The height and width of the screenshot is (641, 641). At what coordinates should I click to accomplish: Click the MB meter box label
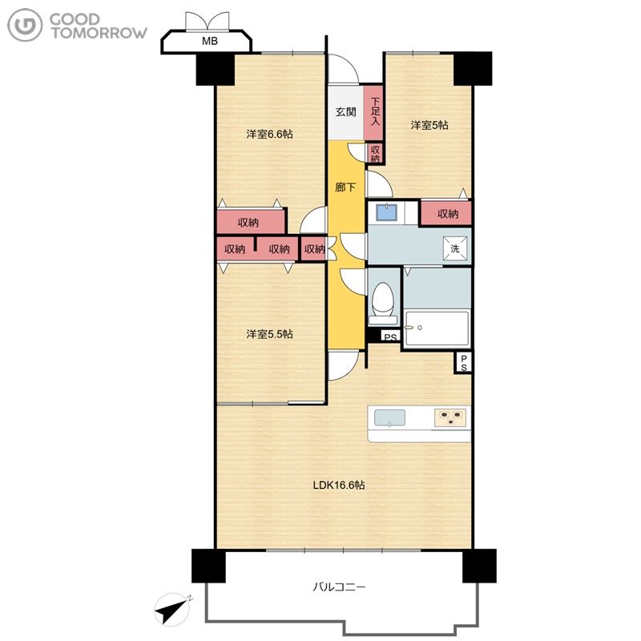[x=209, y=41]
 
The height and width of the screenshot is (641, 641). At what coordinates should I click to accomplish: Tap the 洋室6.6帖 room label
[x=269, y=134]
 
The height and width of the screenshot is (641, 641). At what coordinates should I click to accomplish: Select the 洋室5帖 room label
[x=429, y=125]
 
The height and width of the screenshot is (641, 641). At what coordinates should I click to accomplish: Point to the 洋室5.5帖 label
[x=269, y=334]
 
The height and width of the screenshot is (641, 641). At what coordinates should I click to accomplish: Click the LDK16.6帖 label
[x=339, y=486]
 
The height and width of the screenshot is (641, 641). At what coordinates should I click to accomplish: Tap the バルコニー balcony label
[x=339, y=587]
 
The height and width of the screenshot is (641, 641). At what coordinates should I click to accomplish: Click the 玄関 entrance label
[x=346, y=111]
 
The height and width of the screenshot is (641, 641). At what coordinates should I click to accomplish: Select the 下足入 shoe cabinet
[x=373, y=112]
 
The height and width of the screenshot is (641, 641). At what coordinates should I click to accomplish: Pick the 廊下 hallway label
[x=345, y=187]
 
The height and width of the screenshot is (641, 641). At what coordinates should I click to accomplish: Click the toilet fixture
[x=383, y=303]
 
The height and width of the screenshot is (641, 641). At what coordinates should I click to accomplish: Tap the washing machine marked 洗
[x=455, y=248]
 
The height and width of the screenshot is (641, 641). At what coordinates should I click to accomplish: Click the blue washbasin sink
[x=386, y=212]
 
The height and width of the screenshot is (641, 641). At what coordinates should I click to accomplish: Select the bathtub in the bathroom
[x=437, y=329]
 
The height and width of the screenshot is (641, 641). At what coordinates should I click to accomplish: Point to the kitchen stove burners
[x=450, y=417]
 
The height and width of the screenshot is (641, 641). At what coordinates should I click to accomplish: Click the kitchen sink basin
[x=390, y=417]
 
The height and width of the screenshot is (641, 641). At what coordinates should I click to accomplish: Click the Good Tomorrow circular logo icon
[x=25, y=26]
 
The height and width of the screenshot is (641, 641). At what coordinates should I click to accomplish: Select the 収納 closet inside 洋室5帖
[x=447, y=213]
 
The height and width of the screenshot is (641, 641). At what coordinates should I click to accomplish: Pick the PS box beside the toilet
[x=390, y=337]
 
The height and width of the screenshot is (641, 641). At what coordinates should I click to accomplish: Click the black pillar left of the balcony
[x=208, y=566]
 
